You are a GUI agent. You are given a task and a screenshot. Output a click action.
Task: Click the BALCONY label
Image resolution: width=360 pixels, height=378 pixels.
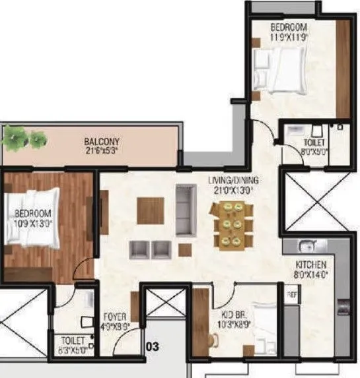tap(101, 141)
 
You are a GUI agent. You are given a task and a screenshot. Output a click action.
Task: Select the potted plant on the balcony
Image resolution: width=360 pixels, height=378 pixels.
tap(24, 138)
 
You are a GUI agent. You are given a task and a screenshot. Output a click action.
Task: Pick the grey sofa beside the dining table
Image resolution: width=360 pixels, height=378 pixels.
tap(186, 210)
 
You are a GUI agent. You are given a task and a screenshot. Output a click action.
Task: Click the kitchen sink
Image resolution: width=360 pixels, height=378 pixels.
tap(305, 247)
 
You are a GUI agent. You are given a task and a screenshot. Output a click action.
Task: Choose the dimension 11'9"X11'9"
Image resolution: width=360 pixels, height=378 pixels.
tap(289, 37)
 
